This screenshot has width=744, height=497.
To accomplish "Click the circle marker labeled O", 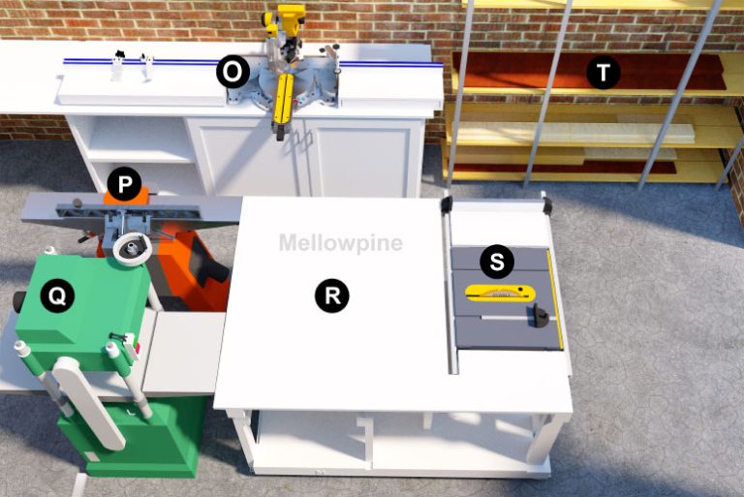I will (x=232, y=71).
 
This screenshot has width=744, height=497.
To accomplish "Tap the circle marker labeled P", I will (x=124, y=182).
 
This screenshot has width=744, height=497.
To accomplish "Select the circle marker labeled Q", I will (x=57, y=297).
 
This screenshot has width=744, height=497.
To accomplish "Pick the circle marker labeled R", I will (x=331, y=296).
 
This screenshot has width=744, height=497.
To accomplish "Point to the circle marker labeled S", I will (x=497, y=261).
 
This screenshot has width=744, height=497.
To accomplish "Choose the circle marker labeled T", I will (x=604, y=73).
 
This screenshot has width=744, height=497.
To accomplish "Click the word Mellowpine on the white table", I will (x=340, y=242).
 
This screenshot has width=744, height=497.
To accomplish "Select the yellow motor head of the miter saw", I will (x=285, y=21).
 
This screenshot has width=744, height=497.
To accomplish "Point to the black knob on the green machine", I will (x=18, y=301).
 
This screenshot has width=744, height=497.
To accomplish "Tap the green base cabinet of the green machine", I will (x=136, y=441).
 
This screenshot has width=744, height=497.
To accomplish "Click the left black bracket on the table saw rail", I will (x=447, y=204).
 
